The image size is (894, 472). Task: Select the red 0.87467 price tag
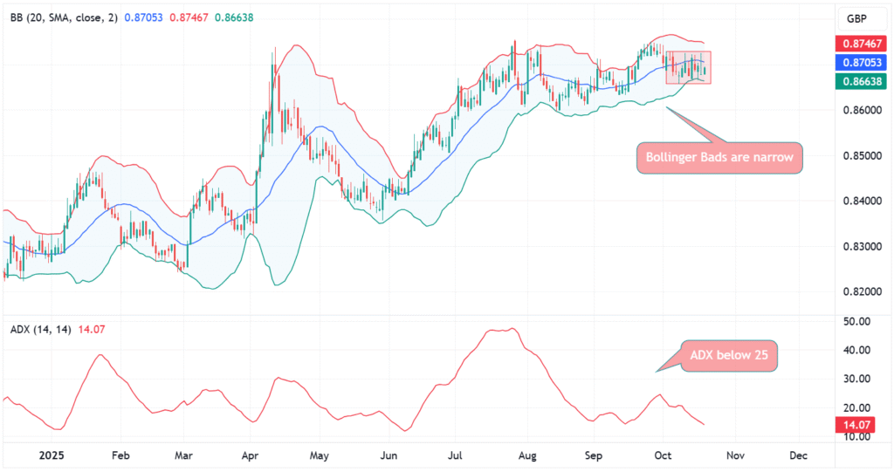pos(859,44)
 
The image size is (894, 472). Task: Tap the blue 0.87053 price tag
pos(859,63)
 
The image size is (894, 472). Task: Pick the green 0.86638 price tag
pos(859,81)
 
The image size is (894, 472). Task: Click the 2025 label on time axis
pos(52,455)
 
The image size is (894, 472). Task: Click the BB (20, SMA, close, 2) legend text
pos(64,18)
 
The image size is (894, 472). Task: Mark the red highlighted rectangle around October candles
pos(689,67)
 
